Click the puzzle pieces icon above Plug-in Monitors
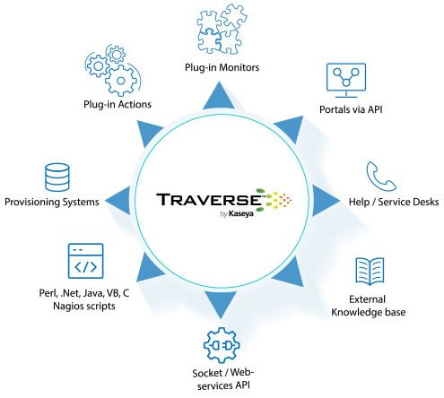pos(222,30)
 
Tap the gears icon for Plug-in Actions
pos(113,70)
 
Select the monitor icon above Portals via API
pos(346,80)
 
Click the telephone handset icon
pos(381,177)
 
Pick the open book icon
pos(370,272)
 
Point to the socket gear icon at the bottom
pos(222,345)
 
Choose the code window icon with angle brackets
pos(86,261)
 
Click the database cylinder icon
pos(57,177)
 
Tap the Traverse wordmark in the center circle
pos(209,200)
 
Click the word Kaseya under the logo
pos(241,214)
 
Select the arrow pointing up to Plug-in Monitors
pos(219,96)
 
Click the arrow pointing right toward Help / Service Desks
pos(326,201)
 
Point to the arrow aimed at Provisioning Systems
pos(118,200)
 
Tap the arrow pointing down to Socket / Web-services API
pos(221,305)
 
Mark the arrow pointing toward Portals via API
pos(290,129)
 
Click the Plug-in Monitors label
pos(222,67)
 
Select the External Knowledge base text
pos(369,306)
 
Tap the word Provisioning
pos(32,203)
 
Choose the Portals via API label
pos(351,109)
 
